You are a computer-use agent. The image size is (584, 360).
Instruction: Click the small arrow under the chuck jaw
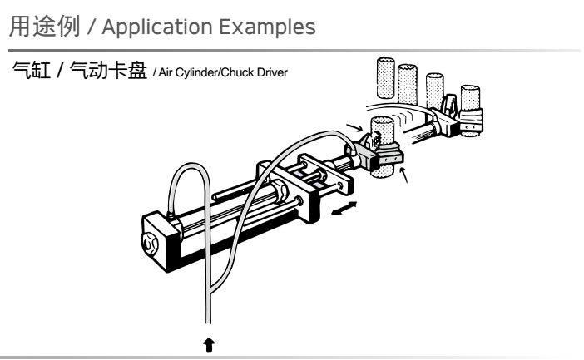coord(405,176)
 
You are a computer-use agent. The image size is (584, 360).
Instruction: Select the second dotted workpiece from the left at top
coord(408,81)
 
